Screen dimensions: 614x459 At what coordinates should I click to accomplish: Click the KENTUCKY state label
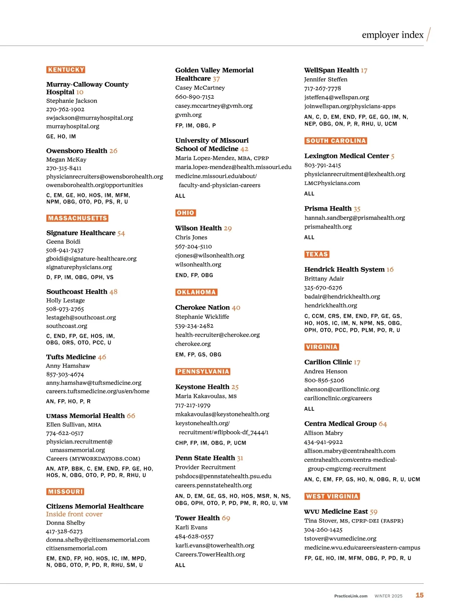[66, 70]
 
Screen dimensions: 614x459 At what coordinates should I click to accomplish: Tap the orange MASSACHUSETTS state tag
[78, 218]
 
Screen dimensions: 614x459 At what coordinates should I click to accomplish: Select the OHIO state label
[186, 213]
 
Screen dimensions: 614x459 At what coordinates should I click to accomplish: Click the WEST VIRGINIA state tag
[332, 496]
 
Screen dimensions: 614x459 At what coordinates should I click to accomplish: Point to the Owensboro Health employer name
[77, 151]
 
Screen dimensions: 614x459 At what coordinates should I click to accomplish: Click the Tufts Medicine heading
[71, 357]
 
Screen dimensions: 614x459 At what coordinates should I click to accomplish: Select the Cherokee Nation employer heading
[202, 307]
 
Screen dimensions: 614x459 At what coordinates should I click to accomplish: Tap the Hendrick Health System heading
[344, 269]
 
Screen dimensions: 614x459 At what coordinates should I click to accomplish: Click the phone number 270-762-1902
[65, 109]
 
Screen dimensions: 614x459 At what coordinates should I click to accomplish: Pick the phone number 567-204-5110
[194, 247]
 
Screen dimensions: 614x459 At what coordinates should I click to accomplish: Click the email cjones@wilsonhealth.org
[210, 255]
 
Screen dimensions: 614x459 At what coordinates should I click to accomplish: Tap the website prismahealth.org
[328, 227]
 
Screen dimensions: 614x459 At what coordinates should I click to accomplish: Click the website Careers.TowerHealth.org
[210, 554]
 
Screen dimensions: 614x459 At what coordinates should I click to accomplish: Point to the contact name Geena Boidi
[63, 242]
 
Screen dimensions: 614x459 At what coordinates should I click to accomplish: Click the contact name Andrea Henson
[326, 371]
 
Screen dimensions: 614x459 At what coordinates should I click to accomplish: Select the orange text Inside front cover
[74, 514]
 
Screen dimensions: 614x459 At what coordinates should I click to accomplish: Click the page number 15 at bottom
[420, 595]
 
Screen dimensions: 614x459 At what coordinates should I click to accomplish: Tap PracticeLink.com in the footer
[351, 596]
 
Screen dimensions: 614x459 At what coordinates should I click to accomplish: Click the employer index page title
[392, 35]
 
